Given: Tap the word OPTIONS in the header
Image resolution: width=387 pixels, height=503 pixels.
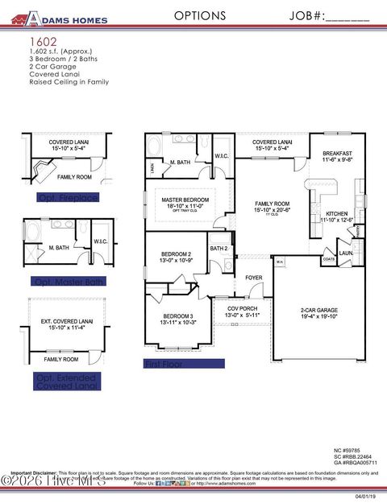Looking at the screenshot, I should click(200, 15).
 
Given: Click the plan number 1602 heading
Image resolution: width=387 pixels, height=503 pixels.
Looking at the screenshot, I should click(44, 40).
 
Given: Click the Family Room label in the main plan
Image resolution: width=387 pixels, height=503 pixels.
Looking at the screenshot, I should click(272, 204).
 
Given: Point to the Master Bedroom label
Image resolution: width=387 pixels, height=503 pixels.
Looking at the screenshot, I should click(185, 200).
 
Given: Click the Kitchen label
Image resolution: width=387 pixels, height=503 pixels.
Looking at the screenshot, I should click(336, 214).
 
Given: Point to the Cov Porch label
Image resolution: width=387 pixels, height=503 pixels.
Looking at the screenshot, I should click(243, 307).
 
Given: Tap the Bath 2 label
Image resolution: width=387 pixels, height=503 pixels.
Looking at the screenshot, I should click(218, 249).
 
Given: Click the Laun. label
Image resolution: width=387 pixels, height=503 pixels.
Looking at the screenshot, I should click(345, 254).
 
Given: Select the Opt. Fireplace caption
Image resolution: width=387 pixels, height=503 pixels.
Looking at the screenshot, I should click(68, 197).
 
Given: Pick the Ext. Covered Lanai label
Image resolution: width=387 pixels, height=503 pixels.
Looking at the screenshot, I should click(68, 322).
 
